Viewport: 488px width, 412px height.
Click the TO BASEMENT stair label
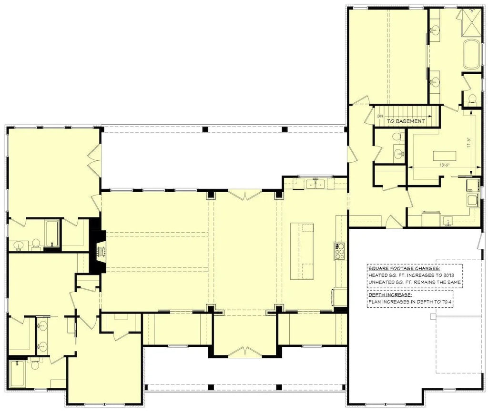click(x=406, y=121)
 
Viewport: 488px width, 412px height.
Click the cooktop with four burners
click(x=340, y=251)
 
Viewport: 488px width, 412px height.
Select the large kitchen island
click(x=301, y=252)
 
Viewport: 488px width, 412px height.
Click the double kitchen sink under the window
click(x=316, y=183)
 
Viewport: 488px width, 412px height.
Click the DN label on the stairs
click(x=379, y=116)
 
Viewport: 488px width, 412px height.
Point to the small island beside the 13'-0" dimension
click(x=444, y=156)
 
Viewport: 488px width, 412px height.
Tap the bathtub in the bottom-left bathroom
click(x=19, y=374)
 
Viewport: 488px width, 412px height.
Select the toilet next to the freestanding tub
click(x=472, y=98)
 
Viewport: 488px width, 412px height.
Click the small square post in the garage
click(x=432, y=316)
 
